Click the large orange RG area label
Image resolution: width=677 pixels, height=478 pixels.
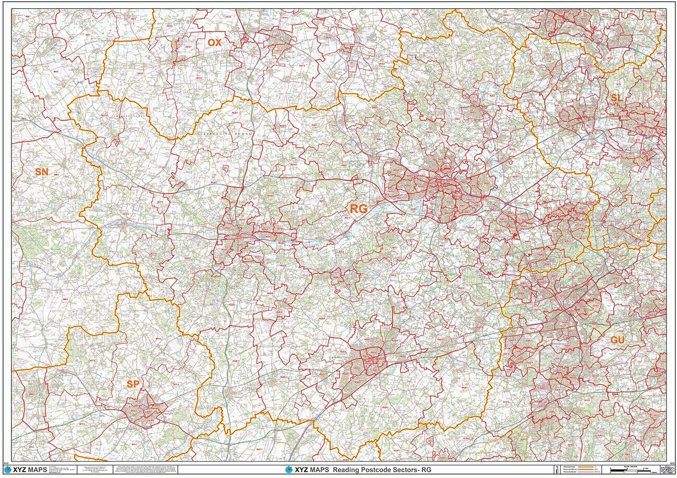pyautogui.click(x=358, y=209)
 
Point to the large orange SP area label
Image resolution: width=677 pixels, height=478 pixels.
pyautogui.click(x=133, y=384)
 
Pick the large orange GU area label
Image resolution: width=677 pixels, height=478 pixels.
pyautogui.click(x=617, y=340)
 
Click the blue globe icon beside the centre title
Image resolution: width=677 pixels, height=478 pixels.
pyautogui.click(x=288, y=470)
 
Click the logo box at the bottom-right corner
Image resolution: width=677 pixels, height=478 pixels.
pyautogui.click(x=667, y=469)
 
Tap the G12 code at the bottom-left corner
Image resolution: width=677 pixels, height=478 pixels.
pyautogui.click(x=6, y=462)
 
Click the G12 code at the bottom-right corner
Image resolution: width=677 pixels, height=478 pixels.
pyautogui.click(x=672, y=462)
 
